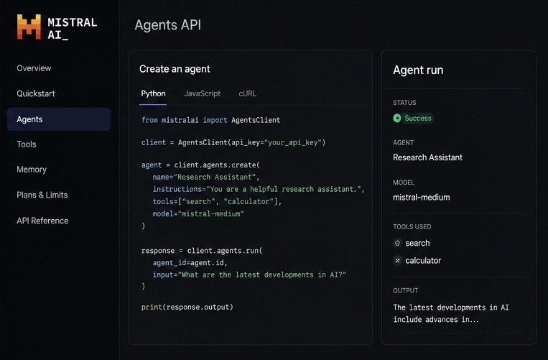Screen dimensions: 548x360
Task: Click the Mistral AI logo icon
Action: tap(29, 27)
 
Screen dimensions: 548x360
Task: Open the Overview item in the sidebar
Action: tap(34, 68)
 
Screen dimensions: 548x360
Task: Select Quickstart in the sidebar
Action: tap(36, 93)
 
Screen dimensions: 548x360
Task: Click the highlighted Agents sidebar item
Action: tap(59, 119)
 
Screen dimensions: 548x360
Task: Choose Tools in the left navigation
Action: tap(27, 144)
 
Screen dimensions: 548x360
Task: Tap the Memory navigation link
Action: tap(32, 170)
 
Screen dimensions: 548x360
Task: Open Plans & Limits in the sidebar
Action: tap(42, 195)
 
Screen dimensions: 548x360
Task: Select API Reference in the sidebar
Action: tap(42, 221)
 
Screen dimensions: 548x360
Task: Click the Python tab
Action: tap(153, 93)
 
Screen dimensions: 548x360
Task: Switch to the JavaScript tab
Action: tap(202, 93)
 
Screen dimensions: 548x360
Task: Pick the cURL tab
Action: tap(248, 93)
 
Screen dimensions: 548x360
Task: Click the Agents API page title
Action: tap(168, 25)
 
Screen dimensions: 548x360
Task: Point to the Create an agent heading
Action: tap(175, 69)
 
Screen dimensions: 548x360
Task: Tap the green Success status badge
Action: tap(413, 118)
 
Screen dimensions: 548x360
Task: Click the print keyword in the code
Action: tap(152, 308)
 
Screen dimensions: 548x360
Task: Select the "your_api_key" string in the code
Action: tap(293, 142)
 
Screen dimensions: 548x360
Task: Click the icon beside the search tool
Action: tap(397, 243)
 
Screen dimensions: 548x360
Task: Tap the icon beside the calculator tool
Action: tap(397, 260)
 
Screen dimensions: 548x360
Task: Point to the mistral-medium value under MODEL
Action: tap(422, 198)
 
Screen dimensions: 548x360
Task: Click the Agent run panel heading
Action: tap(418, 70)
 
